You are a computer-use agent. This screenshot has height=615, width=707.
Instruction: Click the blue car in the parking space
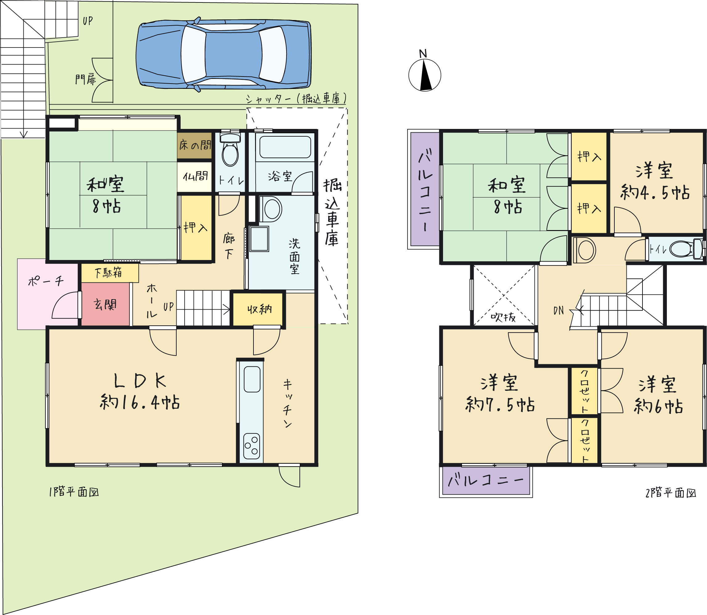coord(223,54)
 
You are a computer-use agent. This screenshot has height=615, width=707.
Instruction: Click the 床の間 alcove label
coord(195,145)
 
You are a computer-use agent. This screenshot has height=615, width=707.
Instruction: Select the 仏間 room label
coord(195,176)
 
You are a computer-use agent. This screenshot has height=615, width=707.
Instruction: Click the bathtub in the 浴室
coord(285,147)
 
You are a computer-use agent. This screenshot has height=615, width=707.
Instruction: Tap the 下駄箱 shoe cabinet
coord(110,273)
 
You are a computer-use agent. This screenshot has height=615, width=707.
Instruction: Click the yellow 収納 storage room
coord(258,309)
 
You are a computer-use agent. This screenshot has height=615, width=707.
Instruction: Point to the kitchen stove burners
coord(252,446)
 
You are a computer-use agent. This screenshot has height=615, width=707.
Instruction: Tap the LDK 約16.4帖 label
coord(140,391)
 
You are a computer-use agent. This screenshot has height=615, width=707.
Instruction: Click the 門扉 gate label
coord(86,79)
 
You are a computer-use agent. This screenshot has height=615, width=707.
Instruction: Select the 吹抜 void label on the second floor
coord(503,317)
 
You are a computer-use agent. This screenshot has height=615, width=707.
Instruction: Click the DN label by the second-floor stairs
coord(558,311)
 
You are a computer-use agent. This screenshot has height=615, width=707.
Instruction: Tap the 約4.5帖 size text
coord(655,192)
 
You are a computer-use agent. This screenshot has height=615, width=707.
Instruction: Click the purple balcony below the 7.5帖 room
coord(486,481)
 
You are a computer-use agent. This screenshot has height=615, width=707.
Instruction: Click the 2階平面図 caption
coord(671,493)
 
